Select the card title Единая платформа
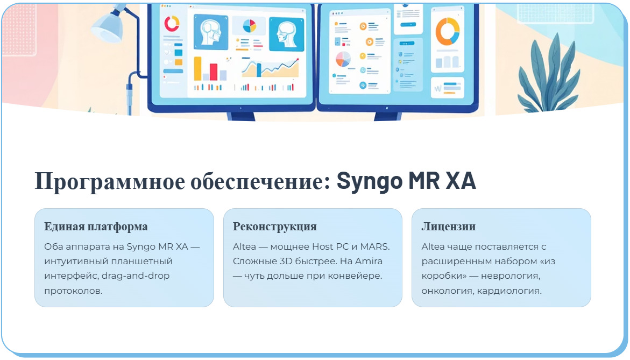click(96, 227)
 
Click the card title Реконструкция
click(274, 227)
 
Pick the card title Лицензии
click(448, 227)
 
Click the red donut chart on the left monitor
click(172, 23)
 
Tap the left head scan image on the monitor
click(210, 33)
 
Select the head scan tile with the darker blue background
click(282, 33)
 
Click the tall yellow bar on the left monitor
click(197, 68)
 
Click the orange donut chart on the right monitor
click(447, 31)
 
